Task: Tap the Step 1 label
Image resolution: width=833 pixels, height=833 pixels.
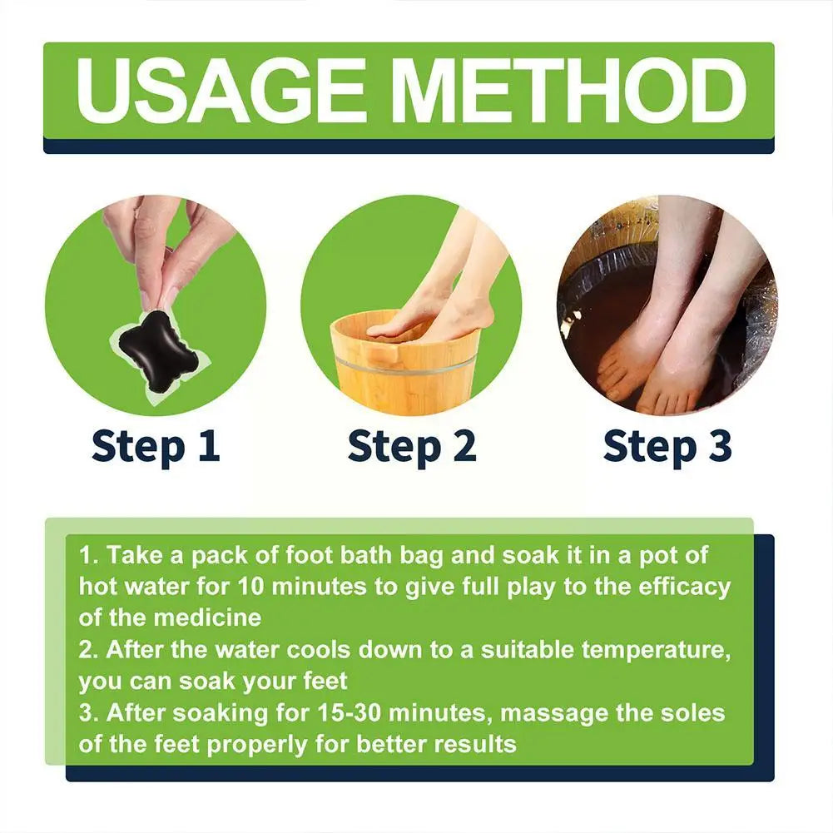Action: (x=156, y=446)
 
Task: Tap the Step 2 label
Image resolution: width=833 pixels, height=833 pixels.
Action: (x=412, y=446)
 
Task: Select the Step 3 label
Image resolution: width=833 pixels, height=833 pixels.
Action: (x=667, y=446)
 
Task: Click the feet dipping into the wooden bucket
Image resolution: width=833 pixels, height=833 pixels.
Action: (x=433, y=308)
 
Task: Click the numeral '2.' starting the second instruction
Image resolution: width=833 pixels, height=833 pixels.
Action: (x=89, y=649)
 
